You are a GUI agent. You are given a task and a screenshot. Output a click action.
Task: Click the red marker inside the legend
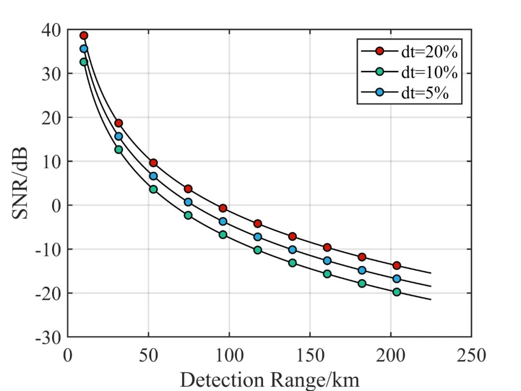380,51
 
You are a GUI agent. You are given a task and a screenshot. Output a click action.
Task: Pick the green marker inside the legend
380,72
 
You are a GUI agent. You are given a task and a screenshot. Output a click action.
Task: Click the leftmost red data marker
83,35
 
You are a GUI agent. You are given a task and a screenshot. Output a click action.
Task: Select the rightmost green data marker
397,292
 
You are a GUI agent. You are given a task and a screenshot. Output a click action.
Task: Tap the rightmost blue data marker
397,279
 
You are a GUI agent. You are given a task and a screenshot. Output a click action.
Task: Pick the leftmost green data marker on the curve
83,62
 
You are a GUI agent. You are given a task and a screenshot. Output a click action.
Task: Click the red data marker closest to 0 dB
223,208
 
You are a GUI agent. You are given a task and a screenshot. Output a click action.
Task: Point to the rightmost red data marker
397,265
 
